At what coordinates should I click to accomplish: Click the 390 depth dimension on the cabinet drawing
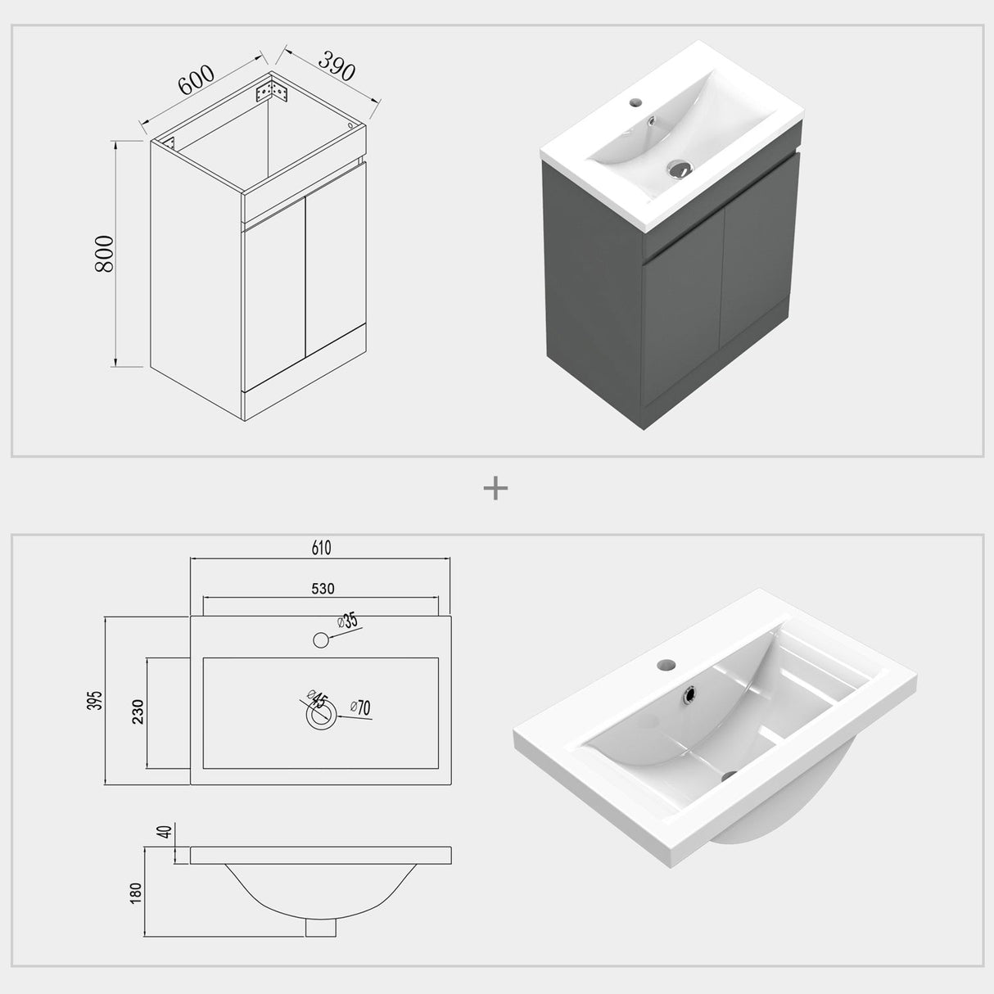[x=337, y=66]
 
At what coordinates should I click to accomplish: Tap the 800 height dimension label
[x=104, y=254]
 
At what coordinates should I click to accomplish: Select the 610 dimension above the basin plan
[x=321, y=548]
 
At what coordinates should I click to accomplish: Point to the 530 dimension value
[x=322, y=588]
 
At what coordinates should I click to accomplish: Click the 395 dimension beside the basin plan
[x=96, y=700]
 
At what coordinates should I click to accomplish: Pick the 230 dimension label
[x=138, y=712]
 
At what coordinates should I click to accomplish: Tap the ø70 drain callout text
[x=360, y=707]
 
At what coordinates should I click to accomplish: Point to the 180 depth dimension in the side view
[x=136, y=892]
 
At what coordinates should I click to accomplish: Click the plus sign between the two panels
[x=496, y=489]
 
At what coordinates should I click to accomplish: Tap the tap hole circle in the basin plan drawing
[x=321, y=639]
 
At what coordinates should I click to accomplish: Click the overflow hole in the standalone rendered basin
[x=690, y=694]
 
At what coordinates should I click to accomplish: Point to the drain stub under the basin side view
[x=321, y=925]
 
